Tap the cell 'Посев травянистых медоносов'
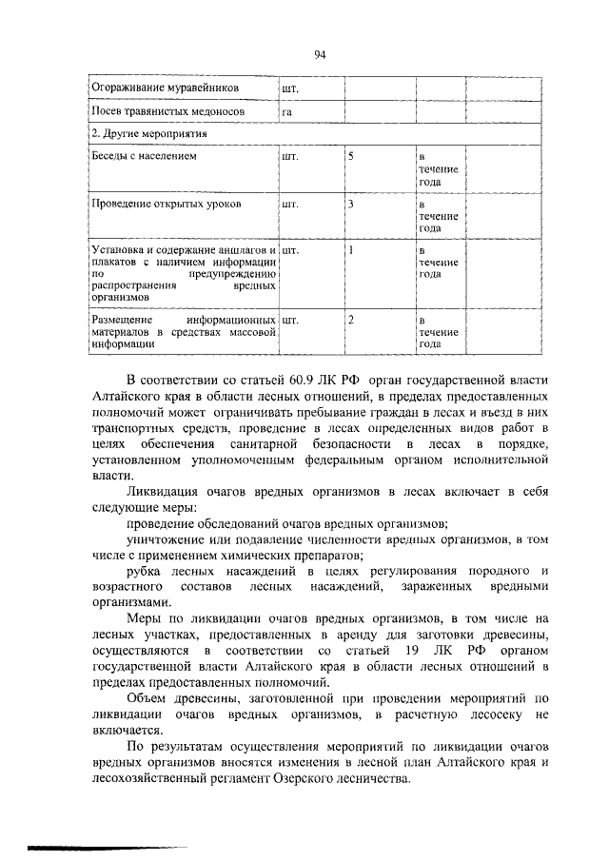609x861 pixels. [x=164, y=112]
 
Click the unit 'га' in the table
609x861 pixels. [x=286, y=113]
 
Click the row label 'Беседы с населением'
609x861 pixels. [x=144, y=155]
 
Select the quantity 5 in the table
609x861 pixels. [x=351, y=155]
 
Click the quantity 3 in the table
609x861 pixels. [x=351, y=204]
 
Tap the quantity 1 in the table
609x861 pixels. [x=351, y=250]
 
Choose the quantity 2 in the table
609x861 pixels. [x=351, y=320]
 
